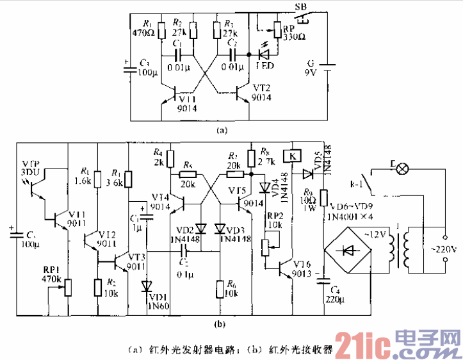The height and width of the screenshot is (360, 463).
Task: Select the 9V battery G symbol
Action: (327, 64)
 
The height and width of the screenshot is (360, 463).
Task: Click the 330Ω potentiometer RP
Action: (277, 31)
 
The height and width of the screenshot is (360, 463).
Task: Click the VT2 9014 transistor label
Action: (261, 92)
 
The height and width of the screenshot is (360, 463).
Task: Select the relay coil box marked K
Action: (292, 156)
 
